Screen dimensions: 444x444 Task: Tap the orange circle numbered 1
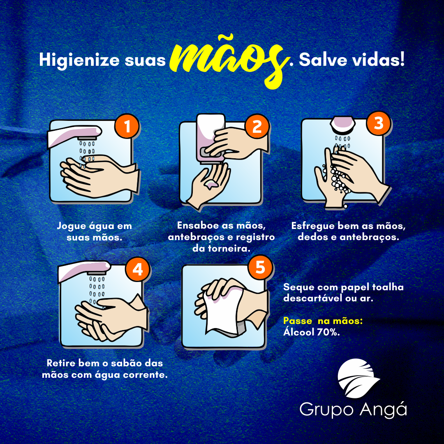tap(127, 126)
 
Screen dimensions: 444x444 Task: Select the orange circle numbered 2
tap(257, 126)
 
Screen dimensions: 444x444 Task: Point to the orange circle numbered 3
tap(379, 123)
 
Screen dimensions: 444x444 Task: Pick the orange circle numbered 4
tap(138, 269)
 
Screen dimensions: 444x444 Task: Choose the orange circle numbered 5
tap(260, 267)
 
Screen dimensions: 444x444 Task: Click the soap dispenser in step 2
tap(211, 139)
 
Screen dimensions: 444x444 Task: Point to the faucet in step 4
tap(84, 271)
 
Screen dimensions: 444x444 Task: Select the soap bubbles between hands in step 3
tap(338, 180)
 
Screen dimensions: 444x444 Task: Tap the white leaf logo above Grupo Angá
tap(358, 378)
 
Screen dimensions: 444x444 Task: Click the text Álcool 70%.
tap(312, 332)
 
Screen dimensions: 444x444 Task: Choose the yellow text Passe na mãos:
tap(323, 321)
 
